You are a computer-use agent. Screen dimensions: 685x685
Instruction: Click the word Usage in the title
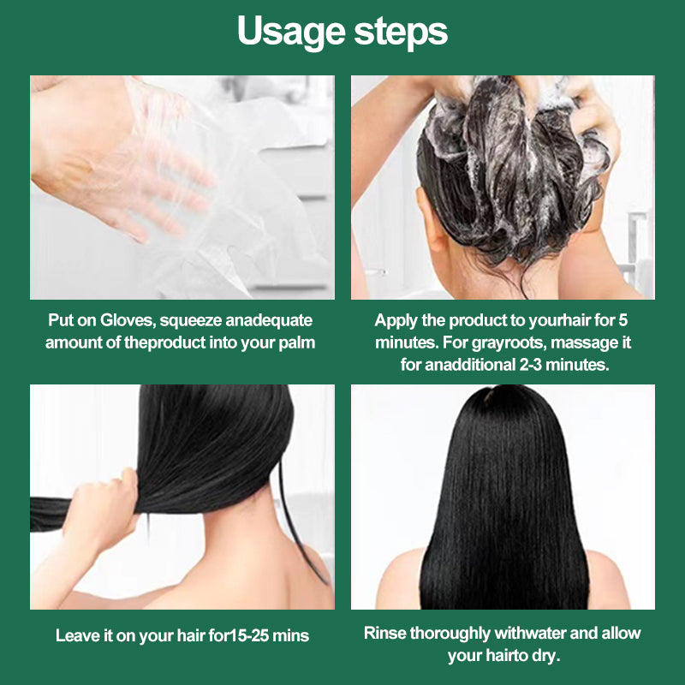pyautogui.click(x=289, y=32)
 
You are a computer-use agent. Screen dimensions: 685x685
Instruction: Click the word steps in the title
pyautogui.click(x=399, y=32)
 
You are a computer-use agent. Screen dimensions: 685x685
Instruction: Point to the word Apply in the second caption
pyautogui.click(x=395, y=321)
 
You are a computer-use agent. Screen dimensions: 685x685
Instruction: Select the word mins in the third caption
pyautogui.click(x=290, y=635)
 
